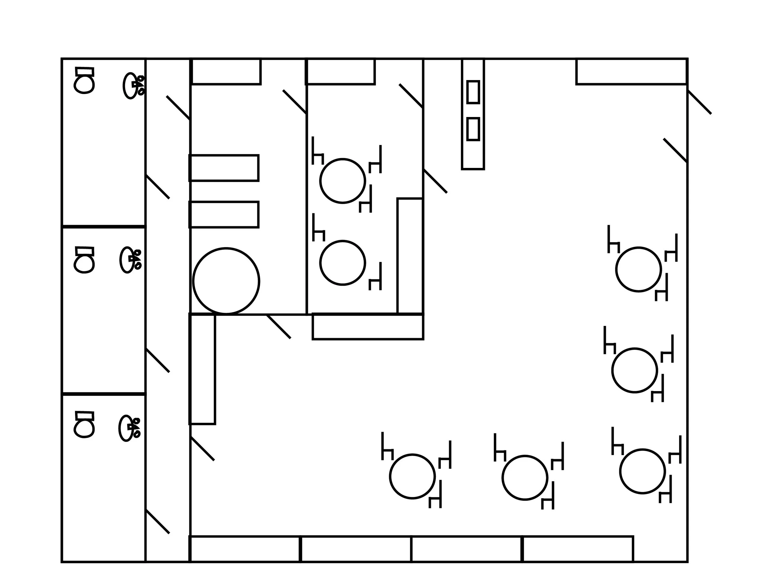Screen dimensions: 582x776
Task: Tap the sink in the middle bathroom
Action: (128, 260)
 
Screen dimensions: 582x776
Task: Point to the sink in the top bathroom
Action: (130, 86)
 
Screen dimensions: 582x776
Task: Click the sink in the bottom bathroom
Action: (126, 428)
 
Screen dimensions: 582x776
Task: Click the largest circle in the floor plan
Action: (226, 281)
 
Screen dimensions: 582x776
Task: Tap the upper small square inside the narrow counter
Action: (473, 92)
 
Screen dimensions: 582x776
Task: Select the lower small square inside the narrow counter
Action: (473, 129)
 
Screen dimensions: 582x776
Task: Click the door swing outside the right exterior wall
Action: (700, 102)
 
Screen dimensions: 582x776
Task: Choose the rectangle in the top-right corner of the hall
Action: (631, 72)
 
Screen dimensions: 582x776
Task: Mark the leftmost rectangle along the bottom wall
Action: (245, 549)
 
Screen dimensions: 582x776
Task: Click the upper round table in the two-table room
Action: (343, 181)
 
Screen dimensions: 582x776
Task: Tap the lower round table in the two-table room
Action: (343, 263)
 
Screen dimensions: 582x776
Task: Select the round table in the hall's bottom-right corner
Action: (643, 471)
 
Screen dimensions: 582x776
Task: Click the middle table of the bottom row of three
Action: (525, 477)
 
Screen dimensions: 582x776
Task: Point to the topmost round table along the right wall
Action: (638, 269)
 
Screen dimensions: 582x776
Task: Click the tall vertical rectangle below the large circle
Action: (202, 369)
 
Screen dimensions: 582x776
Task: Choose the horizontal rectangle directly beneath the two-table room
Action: (368, 327)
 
